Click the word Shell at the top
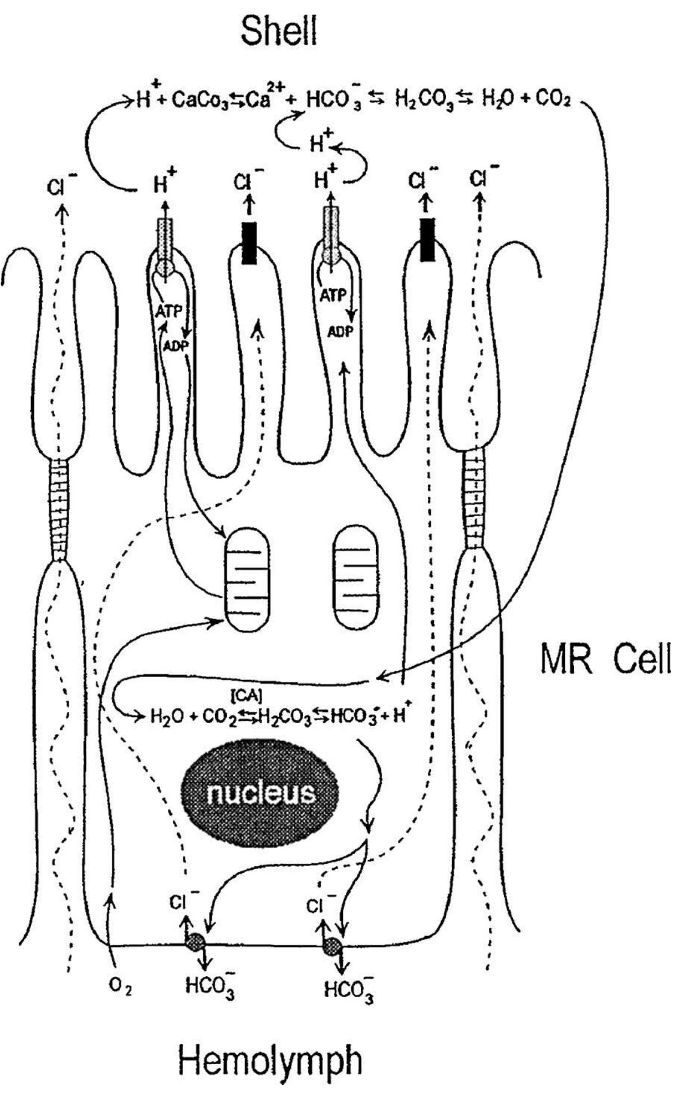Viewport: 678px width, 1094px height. pos(278,31)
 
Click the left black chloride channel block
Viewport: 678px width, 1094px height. pos(249,242)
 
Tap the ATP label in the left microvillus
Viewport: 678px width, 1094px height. pos(169,311)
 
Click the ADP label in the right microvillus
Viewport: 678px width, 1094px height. pos(339,331)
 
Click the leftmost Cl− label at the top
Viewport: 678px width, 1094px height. pos(62,186)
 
